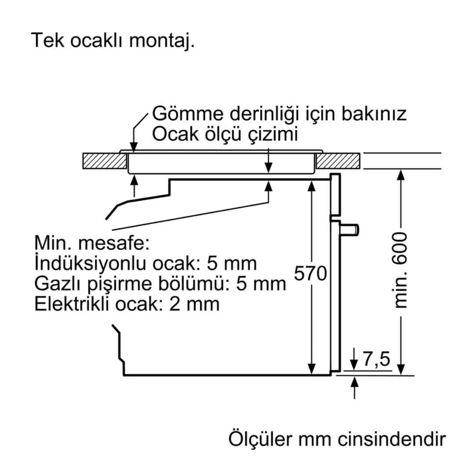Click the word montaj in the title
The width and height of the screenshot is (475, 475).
(161, 41)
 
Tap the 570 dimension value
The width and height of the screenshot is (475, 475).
(310, 274)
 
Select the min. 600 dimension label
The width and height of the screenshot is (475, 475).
(401, 270)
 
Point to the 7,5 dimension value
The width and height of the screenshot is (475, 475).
(376, 359)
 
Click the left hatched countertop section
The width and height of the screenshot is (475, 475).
(104, 161)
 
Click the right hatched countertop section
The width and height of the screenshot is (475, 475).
(339, 161)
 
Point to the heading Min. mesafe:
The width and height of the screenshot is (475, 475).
(91, 243)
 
